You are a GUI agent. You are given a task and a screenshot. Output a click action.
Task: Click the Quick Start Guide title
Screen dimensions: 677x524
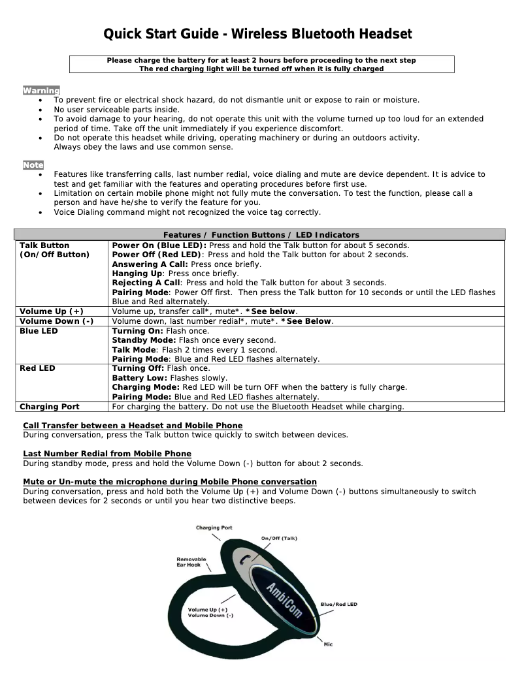click(259, 34)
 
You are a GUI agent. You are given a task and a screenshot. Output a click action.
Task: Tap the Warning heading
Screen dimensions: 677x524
click(41, 90)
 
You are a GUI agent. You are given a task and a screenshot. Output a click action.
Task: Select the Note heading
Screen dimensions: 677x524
click(33, 165)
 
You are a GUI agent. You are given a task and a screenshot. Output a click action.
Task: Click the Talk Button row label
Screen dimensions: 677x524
click(44, 245)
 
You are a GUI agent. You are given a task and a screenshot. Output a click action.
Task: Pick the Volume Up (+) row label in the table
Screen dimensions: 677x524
click(52, 311)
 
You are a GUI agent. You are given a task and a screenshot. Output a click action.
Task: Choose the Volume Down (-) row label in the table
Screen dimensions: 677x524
click(56, 321)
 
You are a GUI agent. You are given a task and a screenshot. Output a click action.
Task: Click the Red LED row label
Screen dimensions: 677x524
click(37, 368)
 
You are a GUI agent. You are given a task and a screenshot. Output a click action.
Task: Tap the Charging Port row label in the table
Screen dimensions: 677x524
click(50, 407)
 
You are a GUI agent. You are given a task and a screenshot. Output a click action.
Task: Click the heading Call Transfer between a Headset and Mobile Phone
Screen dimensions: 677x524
click(133, 426)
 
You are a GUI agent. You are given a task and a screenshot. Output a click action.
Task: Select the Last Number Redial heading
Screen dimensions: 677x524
click(107, 454)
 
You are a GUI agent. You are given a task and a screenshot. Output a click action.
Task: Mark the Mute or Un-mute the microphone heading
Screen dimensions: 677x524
click(170, 482)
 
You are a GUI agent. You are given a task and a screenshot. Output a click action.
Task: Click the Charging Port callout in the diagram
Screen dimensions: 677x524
click(214, 527)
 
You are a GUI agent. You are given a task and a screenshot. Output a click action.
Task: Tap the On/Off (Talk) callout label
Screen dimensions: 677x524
click(279, 538)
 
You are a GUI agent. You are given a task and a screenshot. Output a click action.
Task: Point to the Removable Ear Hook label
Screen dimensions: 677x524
click(191, 562)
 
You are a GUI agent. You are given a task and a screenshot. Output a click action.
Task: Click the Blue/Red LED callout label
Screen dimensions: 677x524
click(338, 604)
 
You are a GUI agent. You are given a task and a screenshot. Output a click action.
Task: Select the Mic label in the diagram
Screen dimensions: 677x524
click(328, 644)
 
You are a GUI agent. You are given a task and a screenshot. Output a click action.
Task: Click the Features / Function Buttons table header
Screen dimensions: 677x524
click(261, 234)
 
